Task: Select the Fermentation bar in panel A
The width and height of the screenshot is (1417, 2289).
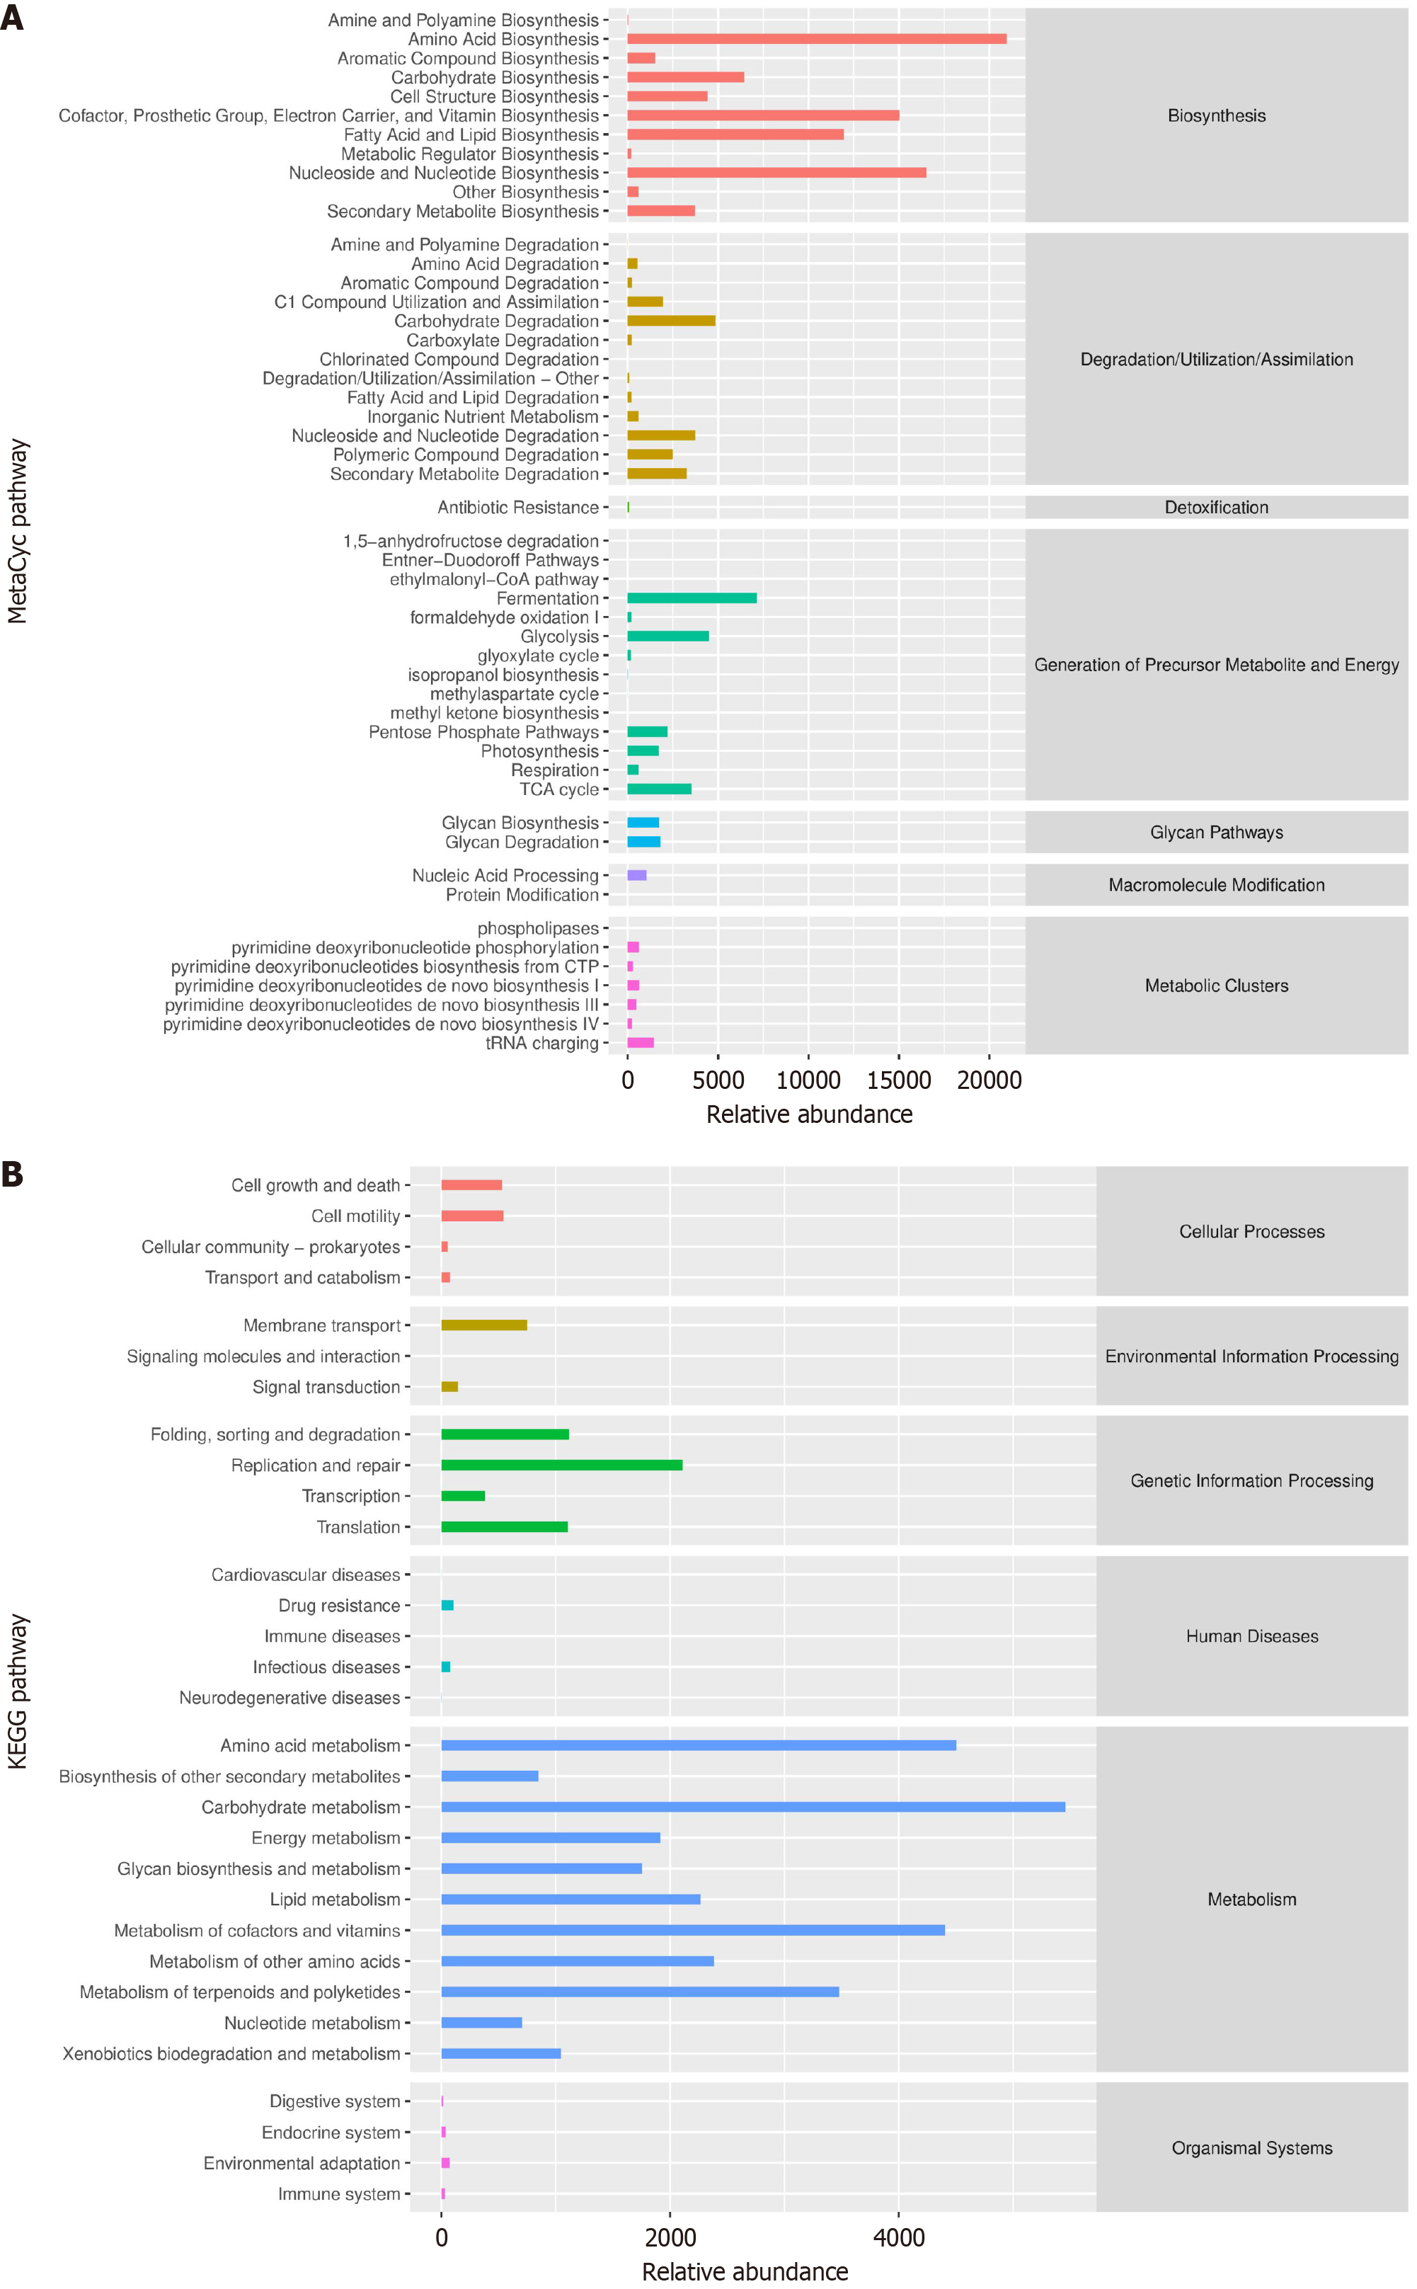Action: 692,598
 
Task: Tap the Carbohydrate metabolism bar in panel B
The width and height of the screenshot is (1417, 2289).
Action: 752,1806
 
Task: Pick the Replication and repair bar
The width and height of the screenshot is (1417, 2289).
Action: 561,1465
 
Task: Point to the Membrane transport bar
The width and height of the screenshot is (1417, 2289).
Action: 483,1325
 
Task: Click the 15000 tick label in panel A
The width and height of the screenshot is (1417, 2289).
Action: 897,1080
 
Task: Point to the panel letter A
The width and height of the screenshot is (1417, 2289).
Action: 12,18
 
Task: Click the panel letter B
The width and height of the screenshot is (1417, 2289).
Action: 12,1175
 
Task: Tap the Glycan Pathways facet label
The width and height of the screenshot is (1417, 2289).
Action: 1215,833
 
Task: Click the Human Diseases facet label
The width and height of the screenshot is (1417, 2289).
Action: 1251,1636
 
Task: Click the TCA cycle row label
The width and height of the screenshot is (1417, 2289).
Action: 558,789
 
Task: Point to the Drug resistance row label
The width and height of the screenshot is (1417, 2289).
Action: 338,1606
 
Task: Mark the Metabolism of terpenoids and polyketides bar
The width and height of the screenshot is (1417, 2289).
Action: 640,1992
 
